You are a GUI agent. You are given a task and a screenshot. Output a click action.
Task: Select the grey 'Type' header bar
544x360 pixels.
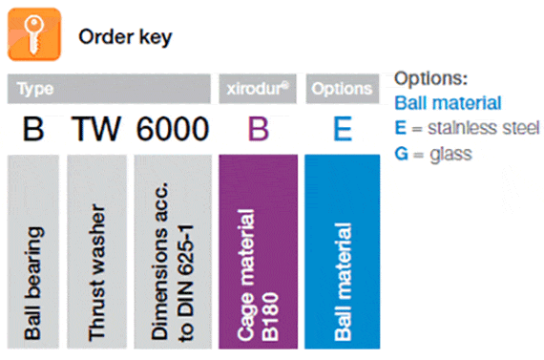tap(109, 89)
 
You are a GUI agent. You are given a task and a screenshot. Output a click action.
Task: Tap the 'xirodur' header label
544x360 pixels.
tap(258, 89)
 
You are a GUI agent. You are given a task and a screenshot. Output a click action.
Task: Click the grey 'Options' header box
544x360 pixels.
tap(342, 89)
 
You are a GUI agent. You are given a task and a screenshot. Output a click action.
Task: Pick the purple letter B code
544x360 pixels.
tap(258, 129)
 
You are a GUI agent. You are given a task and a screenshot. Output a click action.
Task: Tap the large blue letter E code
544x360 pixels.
tap(342, 129)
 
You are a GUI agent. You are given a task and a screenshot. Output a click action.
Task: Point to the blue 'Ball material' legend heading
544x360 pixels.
tap(448, 102)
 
